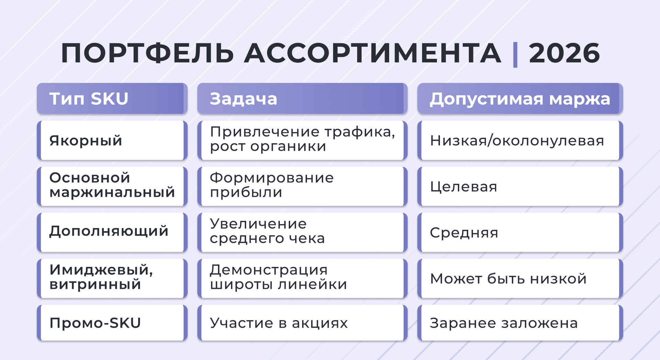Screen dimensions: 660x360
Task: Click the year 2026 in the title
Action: [x=564, y=53]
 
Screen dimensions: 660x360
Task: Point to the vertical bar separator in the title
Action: [x=515, y=54]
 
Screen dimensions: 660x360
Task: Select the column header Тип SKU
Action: [x=89, y=99]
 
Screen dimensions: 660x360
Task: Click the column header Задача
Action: [x=243, y=99]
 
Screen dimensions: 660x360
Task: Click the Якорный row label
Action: [x=86, y=140]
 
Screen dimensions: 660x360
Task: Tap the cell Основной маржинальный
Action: [x=112, y=185]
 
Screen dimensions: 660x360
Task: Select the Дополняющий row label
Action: [x=109, y=231]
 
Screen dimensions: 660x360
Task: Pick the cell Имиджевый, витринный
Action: [x=101, y=277]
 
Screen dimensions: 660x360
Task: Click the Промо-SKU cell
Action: [x=95, y=323]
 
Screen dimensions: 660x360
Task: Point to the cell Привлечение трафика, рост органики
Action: [x=302, y=139]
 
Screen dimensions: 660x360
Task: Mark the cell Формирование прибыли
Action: [x=272, y=185]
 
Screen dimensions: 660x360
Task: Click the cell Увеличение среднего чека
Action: [x=267, y=231]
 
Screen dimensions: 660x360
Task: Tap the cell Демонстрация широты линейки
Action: [x=278, y=277]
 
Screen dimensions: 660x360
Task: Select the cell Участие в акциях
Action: [x=279, y=323]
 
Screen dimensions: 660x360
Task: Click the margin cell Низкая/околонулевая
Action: [x=517, y=140]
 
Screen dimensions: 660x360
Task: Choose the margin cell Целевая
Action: [x=464, y=187]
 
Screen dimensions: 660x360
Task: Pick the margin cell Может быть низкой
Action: [x=508, y=279]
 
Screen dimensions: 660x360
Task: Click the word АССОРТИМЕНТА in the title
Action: [x=373, y=53]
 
